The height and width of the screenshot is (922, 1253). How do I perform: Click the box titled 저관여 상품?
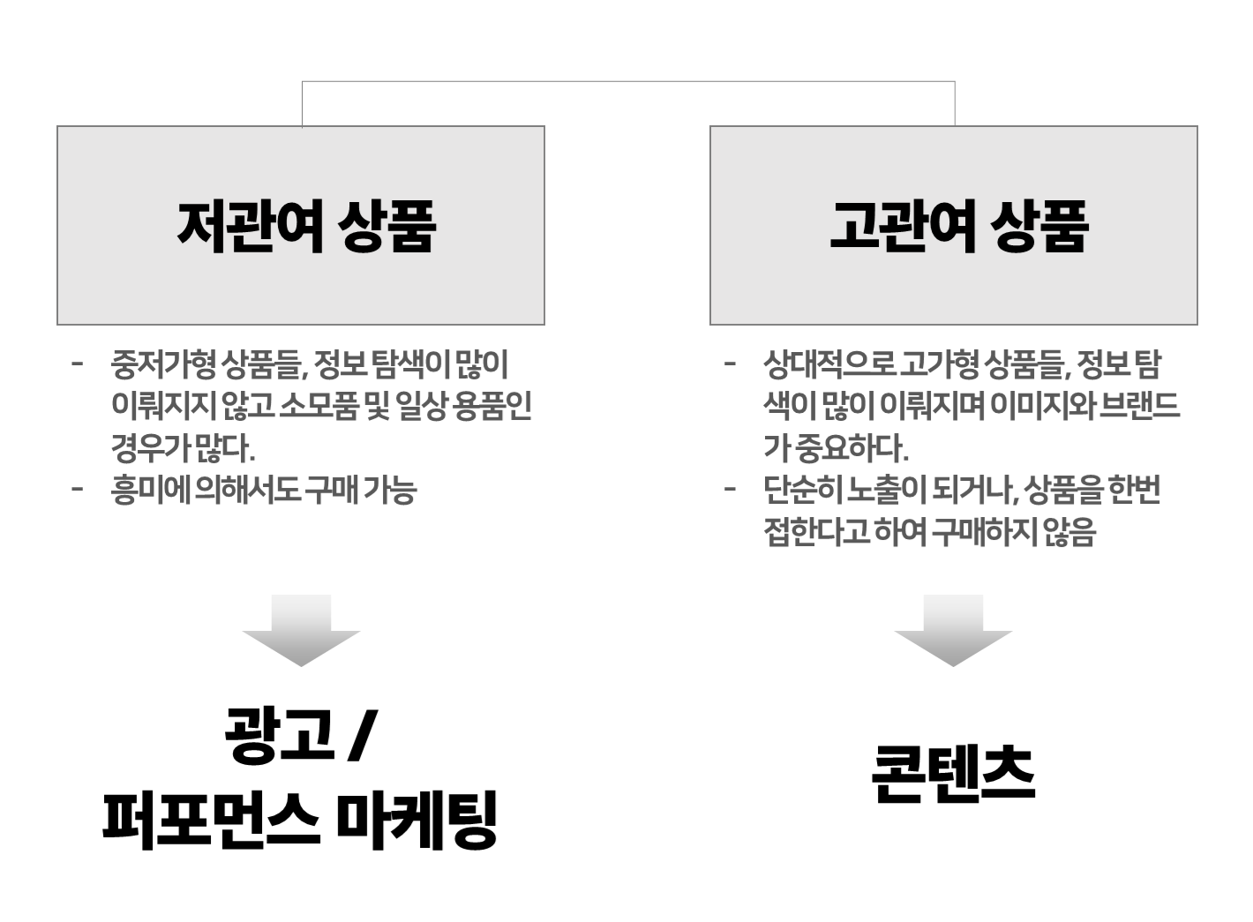tap(301, 225)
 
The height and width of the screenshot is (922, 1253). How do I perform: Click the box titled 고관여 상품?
tap(954, 225)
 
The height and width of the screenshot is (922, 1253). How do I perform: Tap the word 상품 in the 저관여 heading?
tap(386, 226)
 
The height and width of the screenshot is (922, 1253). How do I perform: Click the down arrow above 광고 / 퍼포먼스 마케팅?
tap(301, 630)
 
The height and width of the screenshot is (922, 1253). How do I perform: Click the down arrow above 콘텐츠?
tap(953, 630)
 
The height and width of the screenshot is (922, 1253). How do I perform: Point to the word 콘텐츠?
tap(953, 775)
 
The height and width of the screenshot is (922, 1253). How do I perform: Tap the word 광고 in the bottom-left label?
tap(279, 735)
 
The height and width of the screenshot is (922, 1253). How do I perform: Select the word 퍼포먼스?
tap(212, 821)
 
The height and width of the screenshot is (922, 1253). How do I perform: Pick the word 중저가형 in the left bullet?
tap(163, 364)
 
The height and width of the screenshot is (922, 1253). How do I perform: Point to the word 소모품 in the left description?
tap(319, 406)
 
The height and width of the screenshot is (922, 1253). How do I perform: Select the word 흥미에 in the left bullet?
tap(151, 490)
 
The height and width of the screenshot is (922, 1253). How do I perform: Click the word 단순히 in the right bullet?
tap(803, 490)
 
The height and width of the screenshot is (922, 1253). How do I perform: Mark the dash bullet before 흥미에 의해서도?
tap(77, 489)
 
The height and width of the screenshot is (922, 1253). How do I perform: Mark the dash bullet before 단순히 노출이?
tap(730, 489)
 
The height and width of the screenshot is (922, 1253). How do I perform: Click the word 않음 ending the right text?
tap(1069, 531)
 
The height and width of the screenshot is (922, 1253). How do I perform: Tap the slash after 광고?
tap(363, 735)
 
